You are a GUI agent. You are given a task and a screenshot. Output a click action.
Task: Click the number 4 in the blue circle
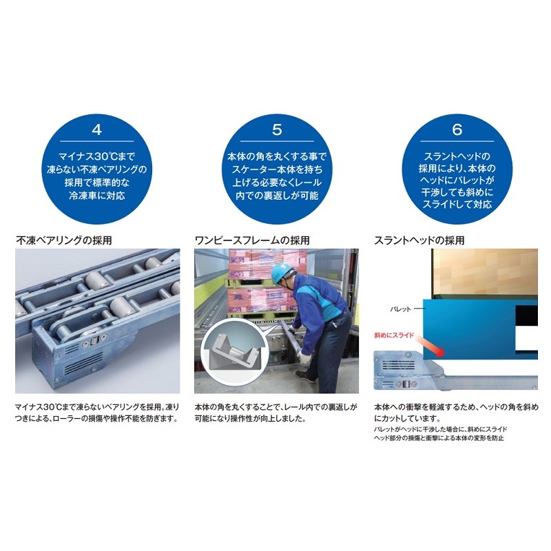coord(96,129)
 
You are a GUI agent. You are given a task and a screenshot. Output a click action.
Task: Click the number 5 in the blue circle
coord(277,129)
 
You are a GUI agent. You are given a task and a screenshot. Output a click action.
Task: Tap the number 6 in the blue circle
coord(457,129)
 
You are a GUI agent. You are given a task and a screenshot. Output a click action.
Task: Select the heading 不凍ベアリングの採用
coord(64,240)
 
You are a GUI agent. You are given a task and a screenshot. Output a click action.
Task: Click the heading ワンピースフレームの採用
coord(252,240)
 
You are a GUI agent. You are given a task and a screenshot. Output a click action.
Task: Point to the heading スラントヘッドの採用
coord(419,240)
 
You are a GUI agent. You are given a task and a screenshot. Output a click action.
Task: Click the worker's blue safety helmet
coord(283,271)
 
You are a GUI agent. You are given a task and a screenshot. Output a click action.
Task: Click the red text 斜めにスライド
coord(394,335)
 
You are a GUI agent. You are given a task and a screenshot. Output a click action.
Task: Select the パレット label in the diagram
coord(400,309)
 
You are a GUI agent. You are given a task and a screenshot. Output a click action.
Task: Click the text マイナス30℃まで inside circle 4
coord(96,156)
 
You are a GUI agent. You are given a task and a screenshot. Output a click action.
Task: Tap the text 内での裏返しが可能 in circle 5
coord(277,196)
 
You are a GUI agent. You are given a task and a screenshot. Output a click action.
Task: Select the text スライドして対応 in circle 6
coord(457,204)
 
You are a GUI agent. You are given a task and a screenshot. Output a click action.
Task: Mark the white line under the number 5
coord(277,141)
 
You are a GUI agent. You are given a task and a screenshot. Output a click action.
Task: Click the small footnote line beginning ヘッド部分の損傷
coord(439,438)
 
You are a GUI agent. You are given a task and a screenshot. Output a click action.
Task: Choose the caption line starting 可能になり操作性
coord(250,419)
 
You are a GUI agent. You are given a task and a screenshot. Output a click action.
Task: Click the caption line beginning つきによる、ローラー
coord(96,419)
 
